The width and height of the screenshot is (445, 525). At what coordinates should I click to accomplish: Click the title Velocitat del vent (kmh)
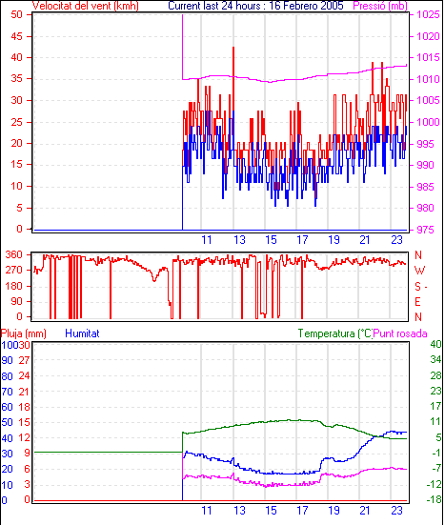(x=86, y=6)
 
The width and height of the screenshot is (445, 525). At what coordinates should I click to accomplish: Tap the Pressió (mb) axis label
(x=380, y=6)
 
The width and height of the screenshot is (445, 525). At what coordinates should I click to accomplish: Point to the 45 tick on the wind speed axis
(x=17, y=36)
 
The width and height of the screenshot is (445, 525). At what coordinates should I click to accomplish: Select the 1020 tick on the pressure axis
(x=428, y=36)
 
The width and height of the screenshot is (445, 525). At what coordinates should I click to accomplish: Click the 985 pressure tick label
(x=425, y=187)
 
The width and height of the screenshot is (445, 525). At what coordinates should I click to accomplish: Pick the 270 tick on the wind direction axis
(x=14, y=270)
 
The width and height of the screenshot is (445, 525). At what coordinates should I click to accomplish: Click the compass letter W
(x=419, y=271)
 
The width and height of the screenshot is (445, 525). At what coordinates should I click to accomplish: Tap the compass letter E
(x=417, y=302)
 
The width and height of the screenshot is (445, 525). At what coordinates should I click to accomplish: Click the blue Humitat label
(x=82, y=333)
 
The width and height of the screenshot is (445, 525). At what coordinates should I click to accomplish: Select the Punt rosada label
(x=400, y=333)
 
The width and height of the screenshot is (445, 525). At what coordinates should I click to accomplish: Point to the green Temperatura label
(x=335, y=333)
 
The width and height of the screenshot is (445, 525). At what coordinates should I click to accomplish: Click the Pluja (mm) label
(x=24, y=333)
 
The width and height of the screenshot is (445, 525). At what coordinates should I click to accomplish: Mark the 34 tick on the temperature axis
(x=435, y=359)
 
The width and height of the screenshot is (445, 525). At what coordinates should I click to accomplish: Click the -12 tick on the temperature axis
(x=434, y=484)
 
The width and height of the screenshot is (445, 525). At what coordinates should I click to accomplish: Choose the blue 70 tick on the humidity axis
(x=7, y=392)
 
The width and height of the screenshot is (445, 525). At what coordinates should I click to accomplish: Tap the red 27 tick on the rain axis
(x=24, y=360)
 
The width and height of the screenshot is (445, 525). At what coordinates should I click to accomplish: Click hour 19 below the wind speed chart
(x=334, y=240)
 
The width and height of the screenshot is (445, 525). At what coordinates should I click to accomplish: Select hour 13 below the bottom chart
(x=239, y=511)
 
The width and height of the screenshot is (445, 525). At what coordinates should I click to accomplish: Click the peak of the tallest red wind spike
(x=233, y=48)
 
